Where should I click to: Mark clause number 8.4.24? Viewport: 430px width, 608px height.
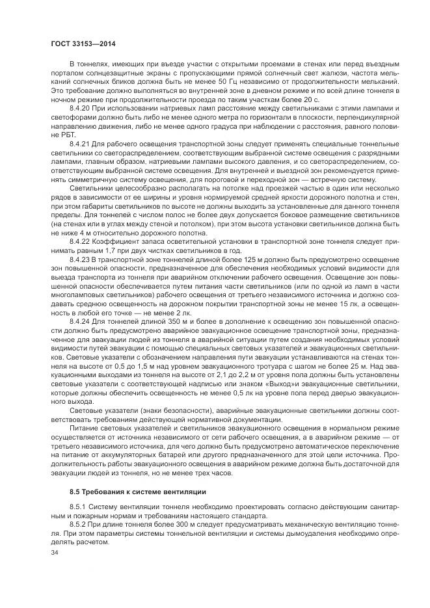coord(79,321)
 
